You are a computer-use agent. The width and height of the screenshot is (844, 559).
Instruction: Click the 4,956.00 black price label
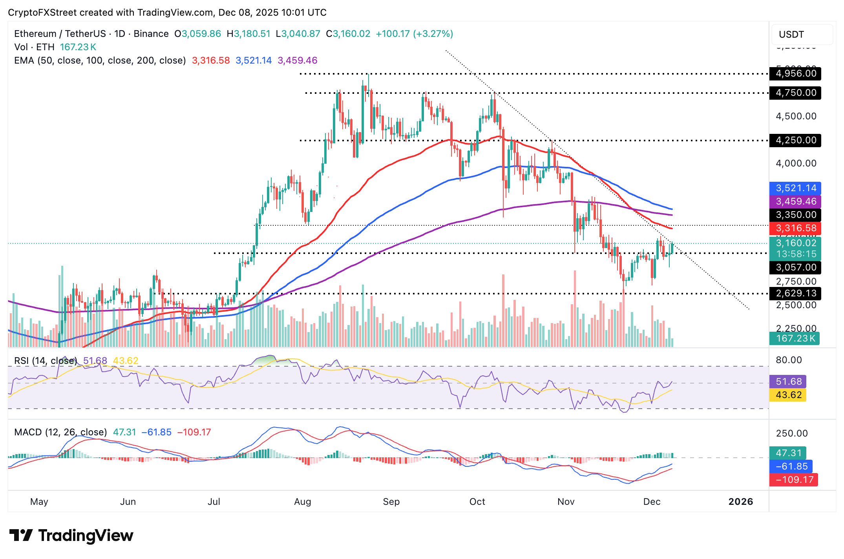(795, 73)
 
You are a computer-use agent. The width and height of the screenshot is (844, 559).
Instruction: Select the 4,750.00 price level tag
(795, 93)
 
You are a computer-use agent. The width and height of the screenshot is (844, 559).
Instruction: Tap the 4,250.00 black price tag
(795, 140)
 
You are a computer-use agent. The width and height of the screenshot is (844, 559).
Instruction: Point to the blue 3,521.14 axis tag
(795, 188)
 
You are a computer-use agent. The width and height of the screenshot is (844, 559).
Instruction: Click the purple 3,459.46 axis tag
(795, 201)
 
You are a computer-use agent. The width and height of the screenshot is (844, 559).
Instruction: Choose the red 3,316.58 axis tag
(795, 228)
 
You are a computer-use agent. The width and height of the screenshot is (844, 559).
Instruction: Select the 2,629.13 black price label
(795, 293)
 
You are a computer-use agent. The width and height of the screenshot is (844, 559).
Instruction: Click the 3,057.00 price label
(795, 267)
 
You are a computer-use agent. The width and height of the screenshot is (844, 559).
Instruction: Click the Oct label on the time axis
(477, 502)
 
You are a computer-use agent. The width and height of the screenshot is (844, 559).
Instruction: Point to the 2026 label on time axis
(740, 502)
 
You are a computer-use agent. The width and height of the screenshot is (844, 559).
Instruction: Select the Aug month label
(302, 502)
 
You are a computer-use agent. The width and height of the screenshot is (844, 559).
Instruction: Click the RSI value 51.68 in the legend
(95, 360)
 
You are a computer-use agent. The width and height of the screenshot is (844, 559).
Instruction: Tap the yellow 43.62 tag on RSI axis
(788, 395)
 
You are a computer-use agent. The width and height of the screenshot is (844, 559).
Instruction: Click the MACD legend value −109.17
(194, 432)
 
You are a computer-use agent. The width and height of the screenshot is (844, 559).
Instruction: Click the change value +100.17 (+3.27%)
(414, 34)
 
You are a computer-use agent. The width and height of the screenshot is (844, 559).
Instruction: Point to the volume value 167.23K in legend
(78, 47)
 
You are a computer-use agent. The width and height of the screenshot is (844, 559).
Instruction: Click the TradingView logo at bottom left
(71, 535)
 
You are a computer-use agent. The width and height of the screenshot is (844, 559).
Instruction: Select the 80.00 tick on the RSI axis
(788, 360)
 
